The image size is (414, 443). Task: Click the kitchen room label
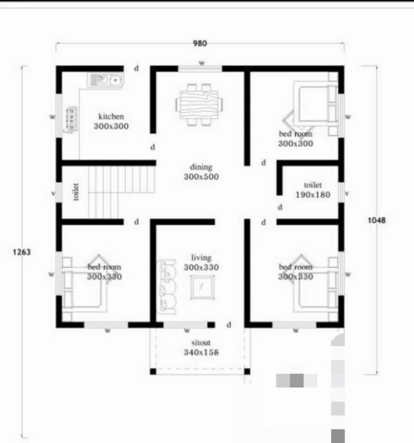click(111, 117)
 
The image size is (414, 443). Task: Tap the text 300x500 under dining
click(201, 176)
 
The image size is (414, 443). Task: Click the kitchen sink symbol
click(106, 80)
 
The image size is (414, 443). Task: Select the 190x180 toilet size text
click(313, 195)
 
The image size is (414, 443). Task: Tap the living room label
click(201, 258)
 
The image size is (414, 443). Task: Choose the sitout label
click(201, 343)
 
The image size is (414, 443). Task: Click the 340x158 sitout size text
click(201, 352)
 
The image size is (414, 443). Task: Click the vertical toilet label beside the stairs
click(76, 192)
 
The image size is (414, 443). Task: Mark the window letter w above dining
click(202, 63)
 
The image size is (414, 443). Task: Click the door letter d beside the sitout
click(229, 325)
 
